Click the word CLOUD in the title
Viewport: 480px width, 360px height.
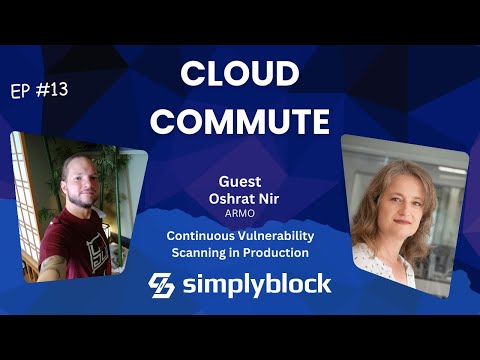pos(239,76)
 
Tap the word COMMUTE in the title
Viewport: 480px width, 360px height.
pos(239,121)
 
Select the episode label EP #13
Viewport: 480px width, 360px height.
pos(40,91)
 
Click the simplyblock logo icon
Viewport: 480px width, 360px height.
pos(163,284)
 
